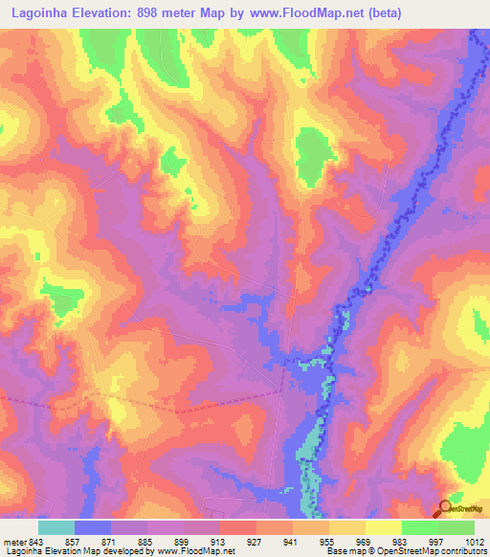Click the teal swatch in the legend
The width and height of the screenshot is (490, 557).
(56, 527)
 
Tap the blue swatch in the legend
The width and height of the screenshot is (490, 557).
(93, 527)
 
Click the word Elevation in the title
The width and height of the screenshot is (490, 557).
(101, 12)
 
